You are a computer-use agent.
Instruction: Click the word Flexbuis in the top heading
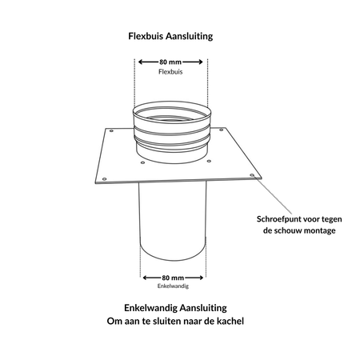[146, 36]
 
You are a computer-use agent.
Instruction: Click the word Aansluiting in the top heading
[189, 36]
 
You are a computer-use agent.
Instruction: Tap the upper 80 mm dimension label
[170, 62]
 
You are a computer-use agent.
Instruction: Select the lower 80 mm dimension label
[173, 278]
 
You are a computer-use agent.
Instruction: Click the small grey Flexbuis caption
[170, 72]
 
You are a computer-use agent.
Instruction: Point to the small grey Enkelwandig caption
[173, 286]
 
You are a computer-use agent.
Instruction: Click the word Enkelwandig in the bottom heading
[150, 308]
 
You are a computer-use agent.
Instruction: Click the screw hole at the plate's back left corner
[111, 130]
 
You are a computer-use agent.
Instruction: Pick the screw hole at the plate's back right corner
[221, 130]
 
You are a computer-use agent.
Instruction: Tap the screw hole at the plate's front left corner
[104, 179]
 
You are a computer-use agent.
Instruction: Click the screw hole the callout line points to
[252, 175]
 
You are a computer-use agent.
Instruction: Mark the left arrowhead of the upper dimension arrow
[141, 62]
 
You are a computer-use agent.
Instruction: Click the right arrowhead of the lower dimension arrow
[201, 278]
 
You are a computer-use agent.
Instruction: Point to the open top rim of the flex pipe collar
[172, 102]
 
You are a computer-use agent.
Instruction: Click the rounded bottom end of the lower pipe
[173, 260]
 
